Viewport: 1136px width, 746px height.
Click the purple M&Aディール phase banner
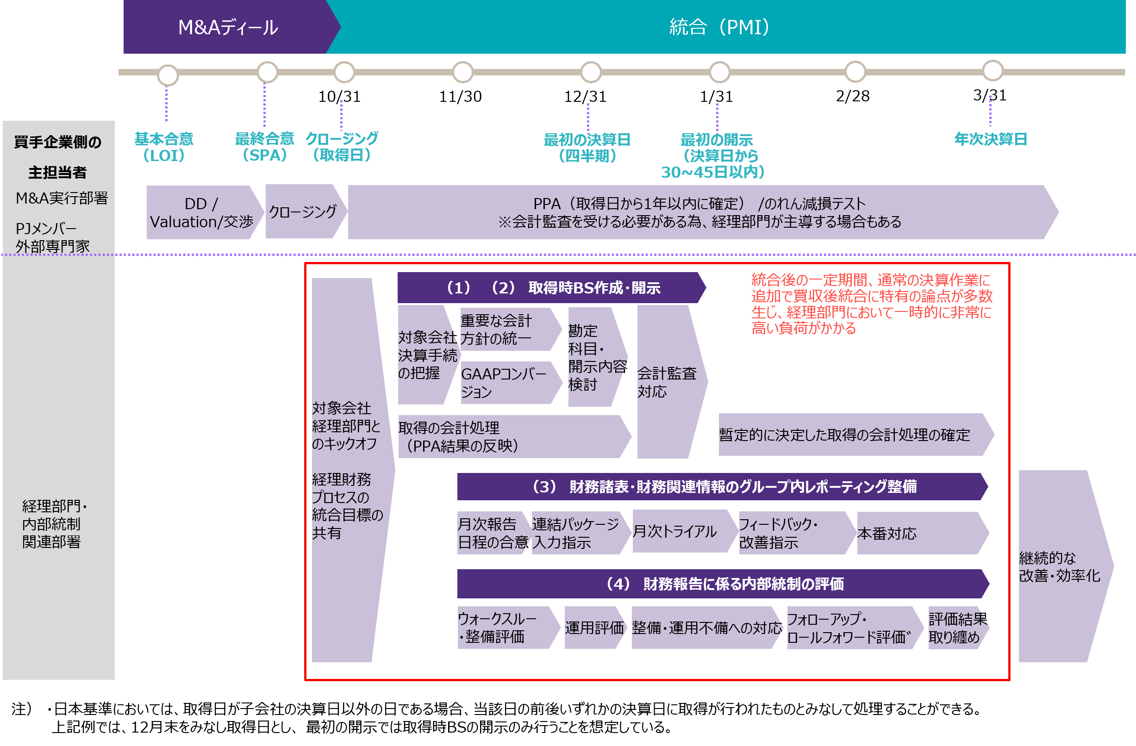228,27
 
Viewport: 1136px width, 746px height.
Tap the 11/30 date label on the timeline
460,97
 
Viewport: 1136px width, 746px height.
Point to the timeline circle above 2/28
855,72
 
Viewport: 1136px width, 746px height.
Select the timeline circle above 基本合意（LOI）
168,75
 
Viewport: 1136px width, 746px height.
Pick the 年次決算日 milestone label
991,139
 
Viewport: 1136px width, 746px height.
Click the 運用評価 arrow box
594,628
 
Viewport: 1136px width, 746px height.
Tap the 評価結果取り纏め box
956,628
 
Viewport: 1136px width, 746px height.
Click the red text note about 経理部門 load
871,304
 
